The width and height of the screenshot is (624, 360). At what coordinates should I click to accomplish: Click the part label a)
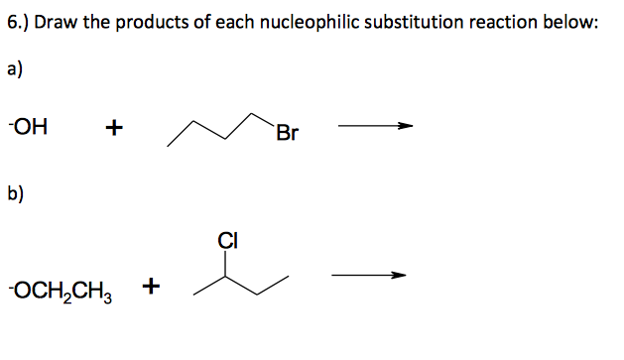(x=16, y=70)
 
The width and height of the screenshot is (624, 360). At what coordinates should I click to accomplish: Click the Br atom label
(x=288, y=132)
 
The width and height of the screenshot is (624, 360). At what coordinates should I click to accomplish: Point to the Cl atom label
(x=227, y=239)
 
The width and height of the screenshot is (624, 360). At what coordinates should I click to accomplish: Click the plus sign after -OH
(x=115, y=128)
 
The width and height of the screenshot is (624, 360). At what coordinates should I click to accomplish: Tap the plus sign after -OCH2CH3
(x=152, y=288)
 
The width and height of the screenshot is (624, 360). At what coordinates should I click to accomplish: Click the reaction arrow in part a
(x=375, y=127)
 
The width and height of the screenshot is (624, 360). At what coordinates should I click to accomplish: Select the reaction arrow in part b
(x=369, y=276)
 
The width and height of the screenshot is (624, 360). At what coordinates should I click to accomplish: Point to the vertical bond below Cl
(x=227, y=260)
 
